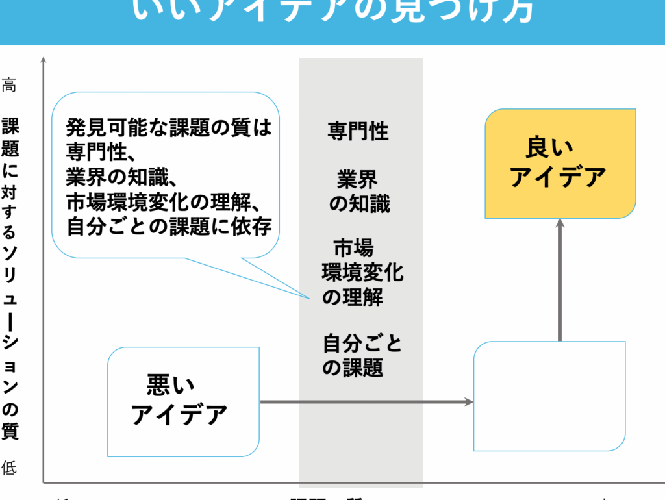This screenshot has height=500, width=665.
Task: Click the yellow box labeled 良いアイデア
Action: click(x=560, y=163)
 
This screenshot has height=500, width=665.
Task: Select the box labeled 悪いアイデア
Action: click(x=183, y=401)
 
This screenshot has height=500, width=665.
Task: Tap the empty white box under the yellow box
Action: click(x=549, y=396)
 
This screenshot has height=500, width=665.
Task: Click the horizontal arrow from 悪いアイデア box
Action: click(x=367, y=402)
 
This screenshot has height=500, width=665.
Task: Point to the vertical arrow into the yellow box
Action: click(x=560, y=279)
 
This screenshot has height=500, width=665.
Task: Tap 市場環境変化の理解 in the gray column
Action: click(x=361, y=272)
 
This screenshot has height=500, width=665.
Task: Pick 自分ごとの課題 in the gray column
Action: click(x=361, y=355)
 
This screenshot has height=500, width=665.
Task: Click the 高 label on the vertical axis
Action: click(x=9, y=85)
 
